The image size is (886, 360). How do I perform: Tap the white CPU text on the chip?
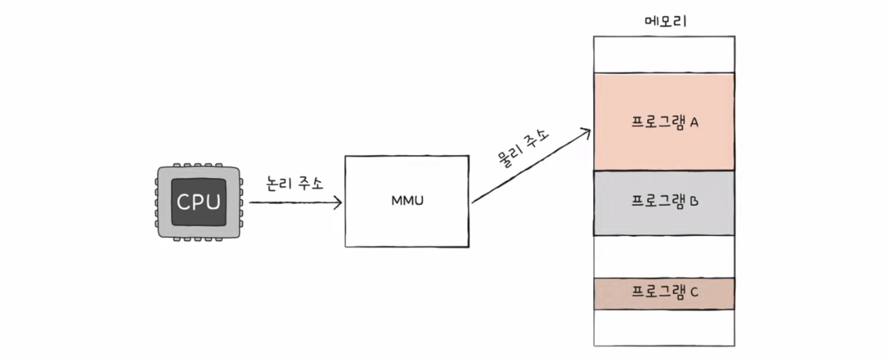click(199, 202)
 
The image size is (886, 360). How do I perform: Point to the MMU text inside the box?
click(407, 201)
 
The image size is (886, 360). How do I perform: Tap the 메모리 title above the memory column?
click(664, 20)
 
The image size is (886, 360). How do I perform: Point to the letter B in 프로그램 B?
click(694, 200)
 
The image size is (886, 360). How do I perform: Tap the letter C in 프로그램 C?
click(694, 292)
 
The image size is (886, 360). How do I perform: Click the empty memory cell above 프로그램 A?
click(664, 54)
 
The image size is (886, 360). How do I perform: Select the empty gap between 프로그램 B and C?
click(664, 256)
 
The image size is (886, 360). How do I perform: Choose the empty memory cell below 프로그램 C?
click(664, 328)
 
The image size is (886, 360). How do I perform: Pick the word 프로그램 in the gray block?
click(656, 201)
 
